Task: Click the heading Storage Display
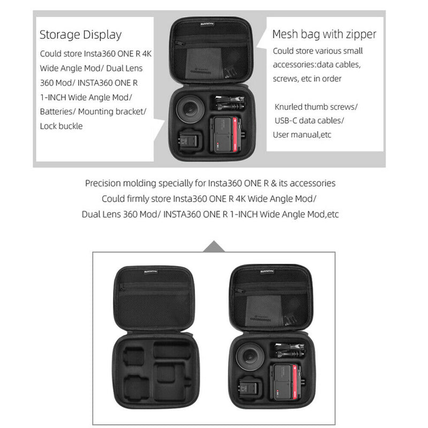pyautogui.click(x=80, y=35)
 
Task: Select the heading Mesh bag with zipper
pyautogui.click(x=324, y=34)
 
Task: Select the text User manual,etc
pyautogui.click(x=302, y=134)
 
